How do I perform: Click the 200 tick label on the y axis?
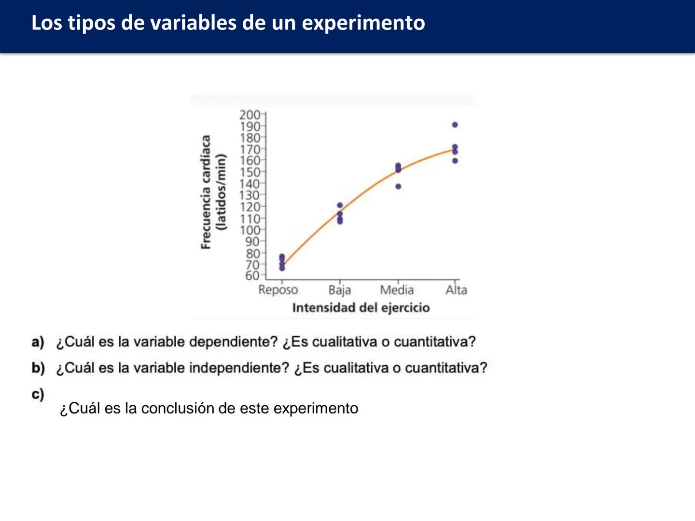click(x=250, y=115)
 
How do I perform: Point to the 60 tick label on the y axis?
click(x=252, y=275)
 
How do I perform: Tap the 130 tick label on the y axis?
click(x=250, y=195)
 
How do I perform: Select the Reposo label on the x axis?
click(x=278, y=290)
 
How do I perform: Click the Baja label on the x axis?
click(x=339, y=290)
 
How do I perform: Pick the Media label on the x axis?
click(x=397, y=290)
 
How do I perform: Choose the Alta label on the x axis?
click(x=456, y=290)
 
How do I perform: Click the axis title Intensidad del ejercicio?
click(x=361, y=308)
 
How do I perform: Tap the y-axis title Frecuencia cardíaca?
click(x=206, y=192)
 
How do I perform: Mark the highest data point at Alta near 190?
click(x=455, y=125)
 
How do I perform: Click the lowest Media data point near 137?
click(x=398, y=187)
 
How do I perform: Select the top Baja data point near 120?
click(x=340, y=206)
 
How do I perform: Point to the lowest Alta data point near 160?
click(x=455, y=161)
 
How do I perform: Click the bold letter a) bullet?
click(x=38, y=342)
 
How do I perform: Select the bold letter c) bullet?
click(x=38, y=394)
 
